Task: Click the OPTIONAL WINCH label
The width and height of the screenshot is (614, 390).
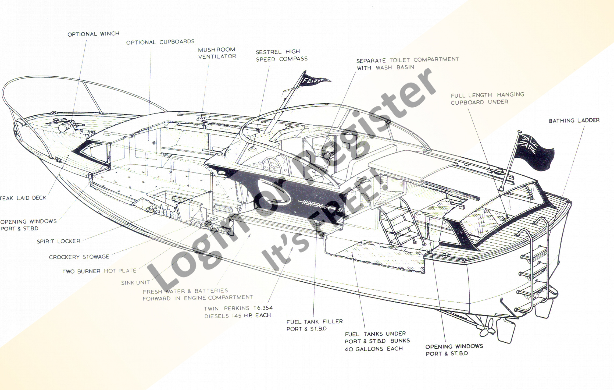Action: (93, 34)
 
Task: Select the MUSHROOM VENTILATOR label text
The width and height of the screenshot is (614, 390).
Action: (217, 53)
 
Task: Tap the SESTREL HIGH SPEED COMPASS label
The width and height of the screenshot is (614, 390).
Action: (281, 55)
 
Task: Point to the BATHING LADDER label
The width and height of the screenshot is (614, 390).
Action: (574, 120)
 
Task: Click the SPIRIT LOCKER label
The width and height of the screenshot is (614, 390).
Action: (59, 241)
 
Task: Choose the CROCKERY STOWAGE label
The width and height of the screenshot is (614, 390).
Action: (79, 257)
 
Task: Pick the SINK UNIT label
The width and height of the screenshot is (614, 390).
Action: (135, 283)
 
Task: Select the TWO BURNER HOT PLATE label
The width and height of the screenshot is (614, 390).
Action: (99, 271)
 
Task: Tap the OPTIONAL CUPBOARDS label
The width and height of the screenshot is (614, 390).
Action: (160, 42)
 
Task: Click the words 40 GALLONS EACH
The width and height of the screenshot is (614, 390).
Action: (373, 349)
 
